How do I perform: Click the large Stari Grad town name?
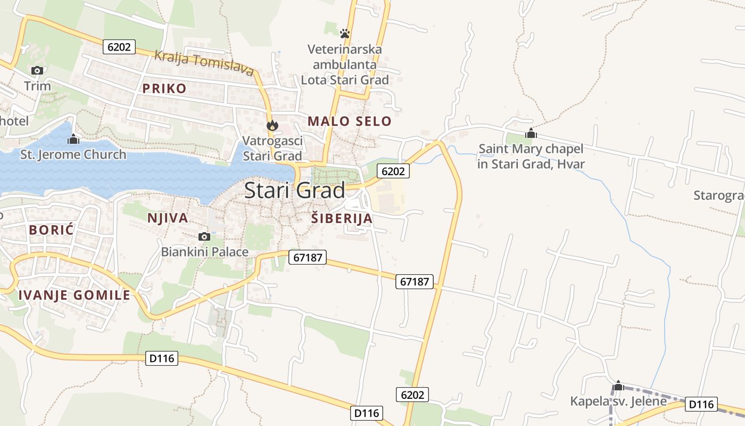click(294, 190)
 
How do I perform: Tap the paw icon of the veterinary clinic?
click(345, 34)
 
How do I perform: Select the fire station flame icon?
click(272, 126)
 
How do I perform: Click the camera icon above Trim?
click(37, 70)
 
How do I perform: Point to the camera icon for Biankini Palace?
click(204, 236)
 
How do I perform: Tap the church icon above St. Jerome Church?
click(73, 140)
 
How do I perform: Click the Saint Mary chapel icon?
click(531, 134)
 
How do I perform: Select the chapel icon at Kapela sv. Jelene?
click(618, 386)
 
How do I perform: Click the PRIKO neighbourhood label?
click(164, 88)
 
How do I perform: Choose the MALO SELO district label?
click(349, 121)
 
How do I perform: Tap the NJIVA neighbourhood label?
click(168, 218)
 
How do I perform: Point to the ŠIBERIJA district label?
click(341, 218)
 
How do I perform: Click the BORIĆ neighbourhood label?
click(52, 230)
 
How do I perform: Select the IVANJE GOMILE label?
click(74, 295)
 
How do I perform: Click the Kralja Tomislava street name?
click(204, 62)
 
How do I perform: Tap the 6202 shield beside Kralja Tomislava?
click(119, 47)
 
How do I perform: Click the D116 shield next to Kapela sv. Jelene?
click(701, 404)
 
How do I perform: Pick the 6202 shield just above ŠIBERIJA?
click(393, 171)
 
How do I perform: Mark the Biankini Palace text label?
click(205, 252)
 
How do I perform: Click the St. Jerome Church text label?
click(73, 155)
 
